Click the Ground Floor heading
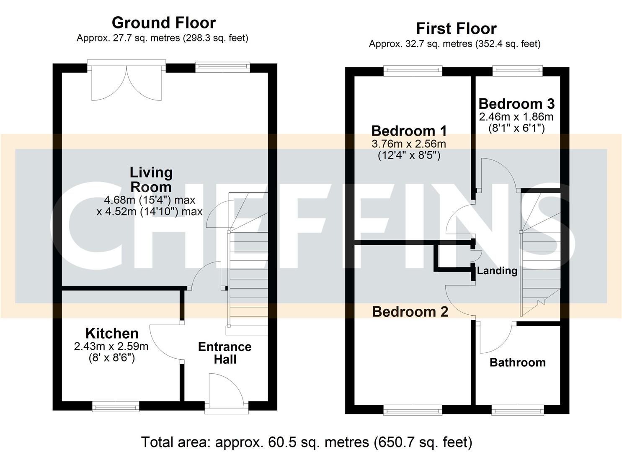tap(164, 23)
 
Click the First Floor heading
tap(456, 28)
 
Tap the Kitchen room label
tap(112, 333)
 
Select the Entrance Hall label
tap(225, 353)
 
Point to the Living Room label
tap(150, 180)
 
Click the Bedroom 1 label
tap(409, 131)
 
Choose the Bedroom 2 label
tap(410, 311)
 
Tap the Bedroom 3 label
tap(516, 103)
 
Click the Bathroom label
tap(517, 362)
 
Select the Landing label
tap(497, 270)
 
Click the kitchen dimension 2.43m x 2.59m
tap(111, 347)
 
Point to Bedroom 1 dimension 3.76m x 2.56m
tap(409, 144)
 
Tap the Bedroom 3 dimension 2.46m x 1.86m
tap(516, 116)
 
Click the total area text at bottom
tap(307, 442)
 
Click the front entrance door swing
tap(226, 390)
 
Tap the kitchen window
tap(116, 406)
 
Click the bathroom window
tap(518, 410)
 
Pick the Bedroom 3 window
tap(517, 71)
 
